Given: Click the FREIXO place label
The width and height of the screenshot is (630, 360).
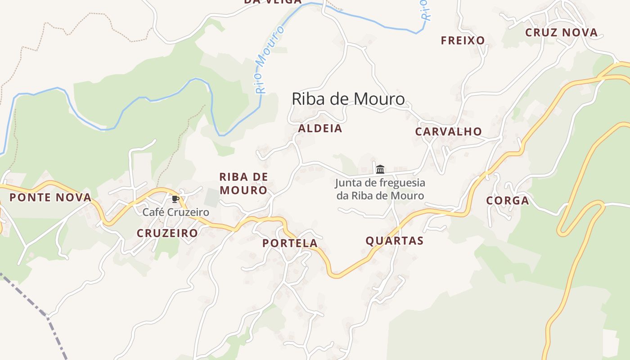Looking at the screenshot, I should click(463, 40).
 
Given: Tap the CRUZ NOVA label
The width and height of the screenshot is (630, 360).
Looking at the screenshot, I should click(561, 32).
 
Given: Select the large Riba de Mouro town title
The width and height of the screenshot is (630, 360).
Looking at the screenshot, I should click(348, 99).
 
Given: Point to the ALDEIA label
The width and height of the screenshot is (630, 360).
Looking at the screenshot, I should click(320, 128).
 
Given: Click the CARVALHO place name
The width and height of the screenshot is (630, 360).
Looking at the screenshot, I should click(448, 131).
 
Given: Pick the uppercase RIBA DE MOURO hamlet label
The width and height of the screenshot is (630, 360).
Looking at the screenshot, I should click(243, 183).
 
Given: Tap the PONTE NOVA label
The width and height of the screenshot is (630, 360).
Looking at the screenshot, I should click(50, 197).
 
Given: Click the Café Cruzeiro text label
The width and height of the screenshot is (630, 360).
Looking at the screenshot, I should click(175, 212).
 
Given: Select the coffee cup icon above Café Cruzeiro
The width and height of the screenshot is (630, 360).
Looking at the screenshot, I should click(175, 199).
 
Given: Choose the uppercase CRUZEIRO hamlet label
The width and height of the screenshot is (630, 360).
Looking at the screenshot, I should click(167, 233).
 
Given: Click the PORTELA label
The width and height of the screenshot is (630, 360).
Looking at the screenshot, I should click(290, 243).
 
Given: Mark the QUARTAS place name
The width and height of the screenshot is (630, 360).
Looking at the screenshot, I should click(394, 241).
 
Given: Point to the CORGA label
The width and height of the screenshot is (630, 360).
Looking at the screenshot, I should click(507, 201).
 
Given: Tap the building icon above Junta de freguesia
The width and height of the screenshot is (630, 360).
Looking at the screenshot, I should click(380, 169).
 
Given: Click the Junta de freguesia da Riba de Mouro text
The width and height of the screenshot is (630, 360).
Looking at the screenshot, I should click(380, 189).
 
